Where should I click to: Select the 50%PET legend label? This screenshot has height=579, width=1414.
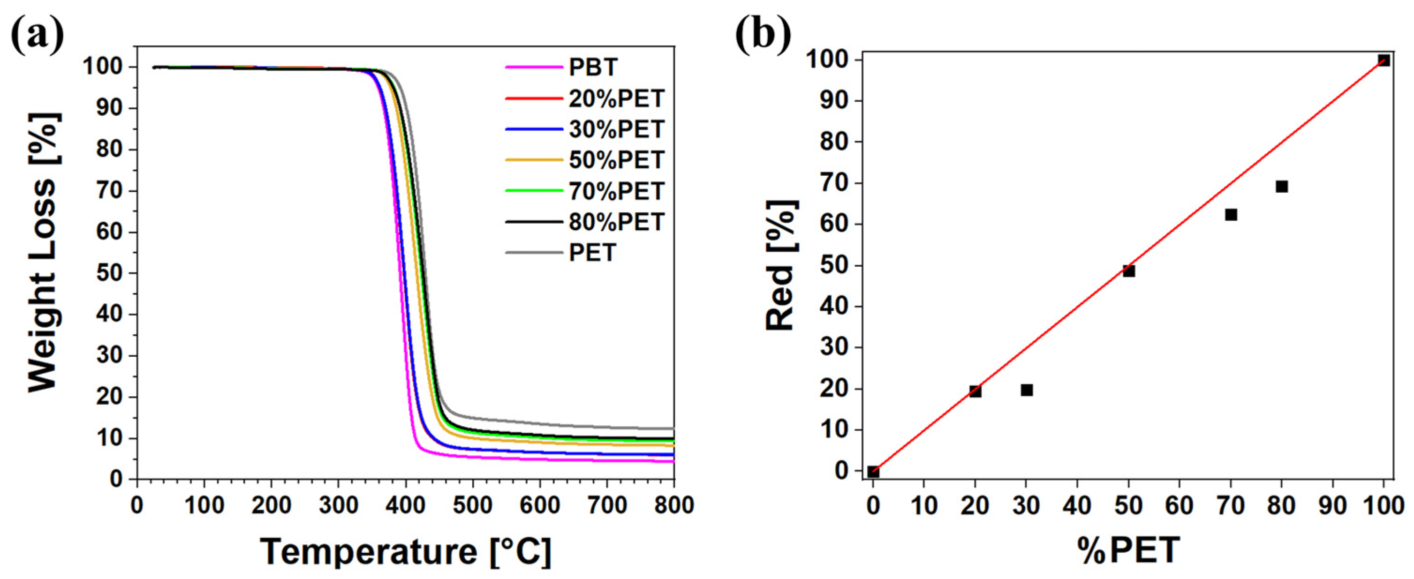[x=616, y=160]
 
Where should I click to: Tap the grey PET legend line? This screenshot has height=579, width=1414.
[x=534, y=252]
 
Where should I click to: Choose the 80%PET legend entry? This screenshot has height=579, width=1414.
[x=616, y=222]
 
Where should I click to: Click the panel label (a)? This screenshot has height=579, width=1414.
[x=38, y=36]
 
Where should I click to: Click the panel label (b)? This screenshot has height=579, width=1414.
[x=763, y=36]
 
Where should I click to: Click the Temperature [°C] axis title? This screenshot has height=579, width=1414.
[x=405, y=551]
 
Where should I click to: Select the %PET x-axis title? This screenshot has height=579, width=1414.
[x=1128, y=550]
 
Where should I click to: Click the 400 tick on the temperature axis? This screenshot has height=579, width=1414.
[x=405, y=505]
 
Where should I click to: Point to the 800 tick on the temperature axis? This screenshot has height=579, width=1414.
[x=673, y=505]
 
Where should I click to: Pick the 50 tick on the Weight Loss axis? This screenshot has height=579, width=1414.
[x=109, y=273]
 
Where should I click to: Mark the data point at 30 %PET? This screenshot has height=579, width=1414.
[x=1027, y=390]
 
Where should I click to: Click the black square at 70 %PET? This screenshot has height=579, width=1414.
[x=1231, y=215]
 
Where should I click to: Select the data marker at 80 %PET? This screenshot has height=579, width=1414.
[x=1282, y=187]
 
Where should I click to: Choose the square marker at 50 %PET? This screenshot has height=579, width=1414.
[x=1128, y=271]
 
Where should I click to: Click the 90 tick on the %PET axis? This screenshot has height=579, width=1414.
[x=1333, y=505]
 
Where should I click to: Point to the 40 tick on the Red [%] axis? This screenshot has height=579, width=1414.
[x=833, y=306]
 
